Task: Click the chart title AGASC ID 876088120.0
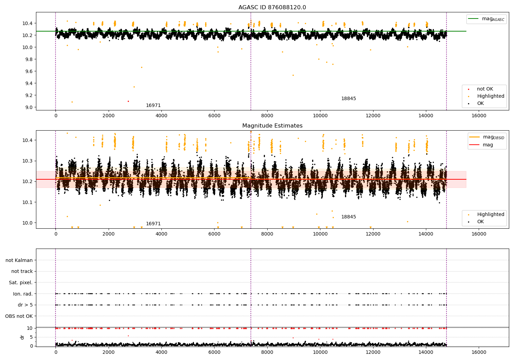272,7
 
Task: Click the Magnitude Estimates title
272,126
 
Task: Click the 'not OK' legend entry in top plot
485,89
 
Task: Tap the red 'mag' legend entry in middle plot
488,145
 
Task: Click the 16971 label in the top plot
153,105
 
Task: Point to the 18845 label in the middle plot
348,217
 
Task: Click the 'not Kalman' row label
19,260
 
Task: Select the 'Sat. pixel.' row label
21,283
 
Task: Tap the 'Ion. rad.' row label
23,294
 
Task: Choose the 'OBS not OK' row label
19,316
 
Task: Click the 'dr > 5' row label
25,305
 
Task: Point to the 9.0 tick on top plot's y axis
29,107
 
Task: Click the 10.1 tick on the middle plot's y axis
27,202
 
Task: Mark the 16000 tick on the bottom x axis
479,351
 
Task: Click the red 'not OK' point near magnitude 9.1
128,101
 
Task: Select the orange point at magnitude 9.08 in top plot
72,102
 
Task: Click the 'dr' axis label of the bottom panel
22,337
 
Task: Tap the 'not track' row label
22,271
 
